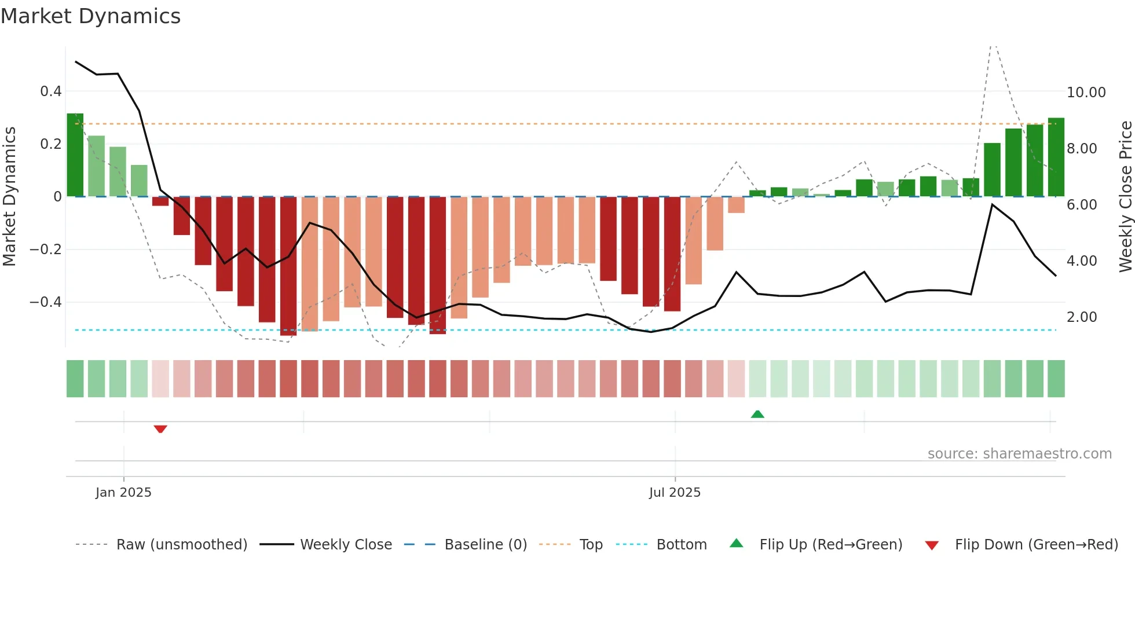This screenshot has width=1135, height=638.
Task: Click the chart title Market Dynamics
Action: [x=90, y=16]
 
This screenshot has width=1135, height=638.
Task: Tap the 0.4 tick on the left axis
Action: [x=50, y=91]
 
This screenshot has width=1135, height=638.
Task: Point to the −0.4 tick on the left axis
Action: [x=45, y=302]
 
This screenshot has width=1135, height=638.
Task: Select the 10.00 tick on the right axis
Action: [x=1086, y=93]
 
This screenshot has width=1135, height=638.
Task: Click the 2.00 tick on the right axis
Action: [x=1081, y=317]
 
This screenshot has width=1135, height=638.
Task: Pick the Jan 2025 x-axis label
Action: [x=123, y=493]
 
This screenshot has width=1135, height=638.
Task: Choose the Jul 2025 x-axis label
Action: [x=675, y=493]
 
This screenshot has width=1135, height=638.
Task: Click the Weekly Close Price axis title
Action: [x=1125, y=197]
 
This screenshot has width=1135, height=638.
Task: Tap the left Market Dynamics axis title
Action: [x=9, y=197]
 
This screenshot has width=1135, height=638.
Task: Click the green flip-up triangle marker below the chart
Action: [x=757, y=414]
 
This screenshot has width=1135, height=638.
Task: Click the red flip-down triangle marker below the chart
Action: [x=160, y=429]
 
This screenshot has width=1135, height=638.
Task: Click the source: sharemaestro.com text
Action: [x=1019, y=454]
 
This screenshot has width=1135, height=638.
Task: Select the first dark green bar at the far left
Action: [x=75, y=155]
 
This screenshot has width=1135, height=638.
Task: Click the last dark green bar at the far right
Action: [x=1056, y=157]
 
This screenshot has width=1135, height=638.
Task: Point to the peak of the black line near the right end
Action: [x=992, y=205]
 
